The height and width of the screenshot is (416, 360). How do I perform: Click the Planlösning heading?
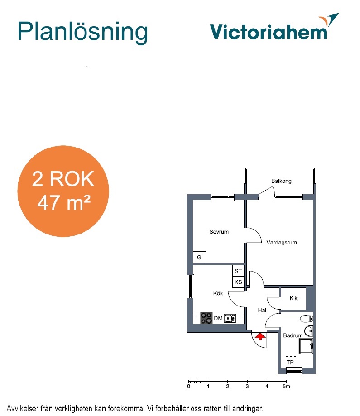pos(82,33)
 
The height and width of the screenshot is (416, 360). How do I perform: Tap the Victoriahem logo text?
pos(269,32)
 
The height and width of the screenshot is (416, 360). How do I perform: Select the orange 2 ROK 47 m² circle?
pos(63,191)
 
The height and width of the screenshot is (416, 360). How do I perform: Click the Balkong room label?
pos(281,181)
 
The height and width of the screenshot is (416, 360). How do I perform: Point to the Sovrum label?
pos(219,232)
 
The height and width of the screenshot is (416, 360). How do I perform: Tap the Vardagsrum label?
pos(282,242)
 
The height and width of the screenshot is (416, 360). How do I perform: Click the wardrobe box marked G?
pos(199,257)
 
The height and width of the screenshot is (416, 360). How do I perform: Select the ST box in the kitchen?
pos(238,271)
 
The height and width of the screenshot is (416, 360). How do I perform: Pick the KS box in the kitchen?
pos(238,282)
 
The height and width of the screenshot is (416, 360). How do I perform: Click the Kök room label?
pos(218,293)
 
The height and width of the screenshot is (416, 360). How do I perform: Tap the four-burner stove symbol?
pos(206,318)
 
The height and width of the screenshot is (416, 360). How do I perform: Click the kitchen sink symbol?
pos(230,318)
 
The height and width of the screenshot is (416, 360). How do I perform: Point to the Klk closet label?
pos(293,298)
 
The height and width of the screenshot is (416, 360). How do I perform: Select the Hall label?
pos(263,310)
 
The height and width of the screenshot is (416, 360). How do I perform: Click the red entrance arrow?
pos(260,336)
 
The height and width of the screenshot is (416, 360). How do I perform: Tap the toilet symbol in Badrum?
pos(307,318)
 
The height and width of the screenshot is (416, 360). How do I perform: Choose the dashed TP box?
pos(290,362)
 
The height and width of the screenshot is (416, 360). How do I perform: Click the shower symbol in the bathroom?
pos(306,346)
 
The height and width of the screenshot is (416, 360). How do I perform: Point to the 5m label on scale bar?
pos(286,387)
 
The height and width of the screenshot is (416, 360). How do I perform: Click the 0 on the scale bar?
pos(188,387)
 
